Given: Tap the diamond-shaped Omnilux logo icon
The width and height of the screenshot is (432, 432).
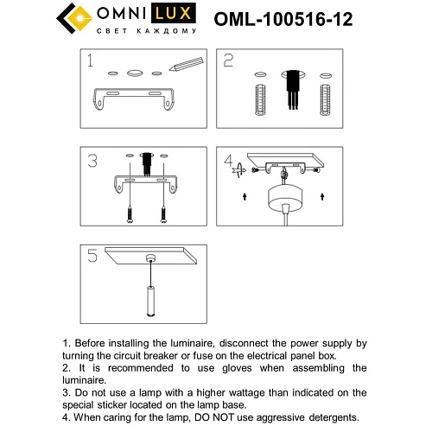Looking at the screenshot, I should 74,17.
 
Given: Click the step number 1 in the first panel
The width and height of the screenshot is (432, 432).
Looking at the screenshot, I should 89,61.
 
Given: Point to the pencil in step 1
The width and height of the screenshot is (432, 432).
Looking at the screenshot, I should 186,64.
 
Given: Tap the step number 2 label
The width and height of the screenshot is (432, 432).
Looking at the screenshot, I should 229,60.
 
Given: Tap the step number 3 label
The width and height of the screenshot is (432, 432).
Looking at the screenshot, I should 92,162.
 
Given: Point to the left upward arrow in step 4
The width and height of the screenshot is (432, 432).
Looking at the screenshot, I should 246,198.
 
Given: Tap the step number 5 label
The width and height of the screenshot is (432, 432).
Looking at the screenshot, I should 92,256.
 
